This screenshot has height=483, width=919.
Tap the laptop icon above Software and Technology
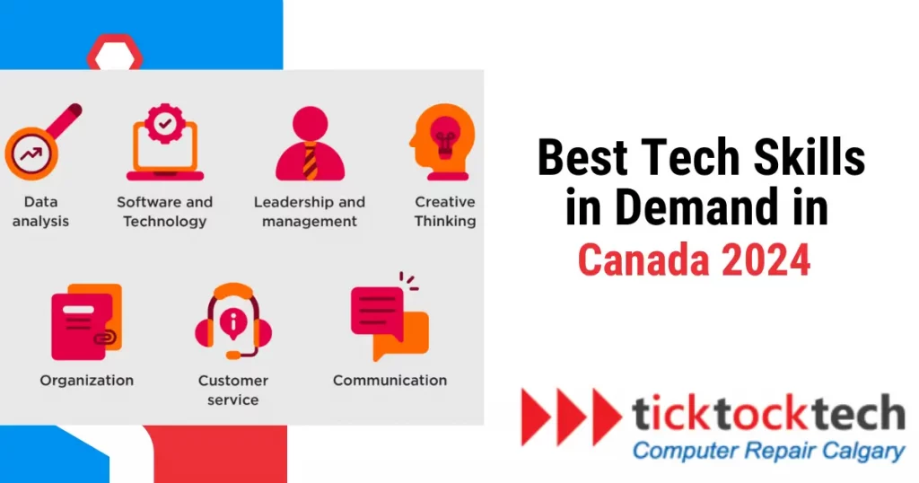pos(164,144)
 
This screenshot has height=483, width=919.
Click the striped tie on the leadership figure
pos(310,162)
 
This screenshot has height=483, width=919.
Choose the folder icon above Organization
pos(84,321)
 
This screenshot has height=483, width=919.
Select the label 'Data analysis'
pos(40,211)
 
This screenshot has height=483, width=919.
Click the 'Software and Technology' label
pos(165,211)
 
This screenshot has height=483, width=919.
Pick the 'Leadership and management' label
pos(310,211)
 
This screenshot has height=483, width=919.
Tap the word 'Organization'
pos(86,381)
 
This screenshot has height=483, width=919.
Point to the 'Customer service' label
pos(233,390)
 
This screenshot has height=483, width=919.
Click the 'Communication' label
pos(389,381)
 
